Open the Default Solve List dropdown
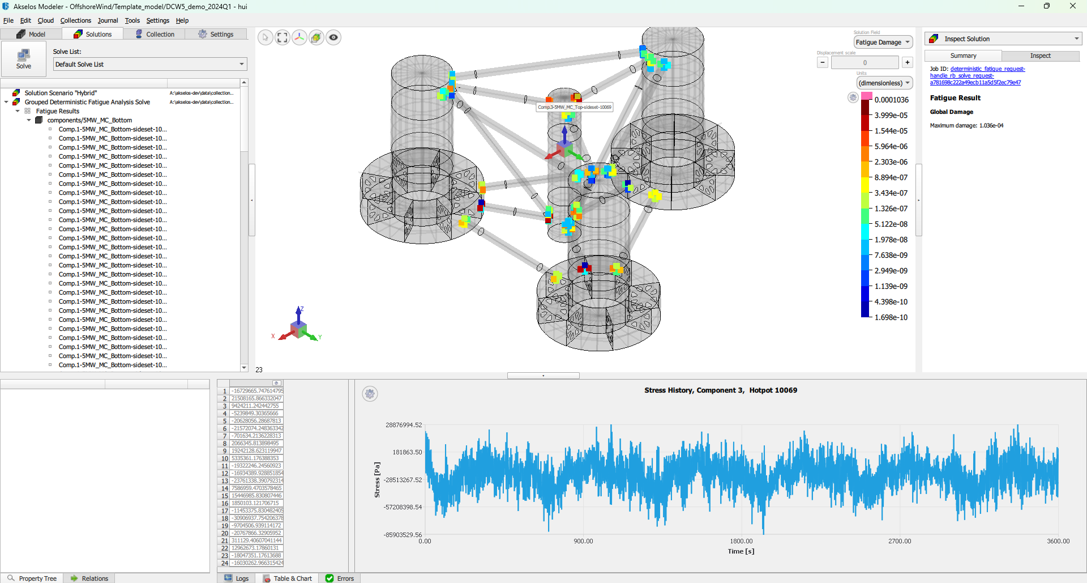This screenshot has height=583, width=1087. (150, 65)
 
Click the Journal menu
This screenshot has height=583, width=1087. (108, 20)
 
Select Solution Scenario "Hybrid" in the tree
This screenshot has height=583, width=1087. (61, 93)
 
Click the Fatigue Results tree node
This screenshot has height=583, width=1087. (57, 111)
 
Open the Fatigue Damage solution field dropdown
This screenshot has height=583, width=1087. (883, 42)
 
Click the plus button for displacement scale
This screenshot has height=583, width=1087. (907, 62)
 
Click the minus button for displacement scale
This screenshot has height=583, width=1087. (823, 62)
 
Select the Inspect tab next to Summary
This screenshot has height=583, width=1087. (1040, 56)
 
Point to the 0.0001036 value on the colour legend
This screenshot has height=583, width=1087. (891, 100)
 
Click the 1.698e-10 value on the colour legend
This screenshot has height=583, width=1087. (891, 317)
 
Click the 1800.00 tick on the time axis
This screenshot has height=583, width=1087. (741, 541)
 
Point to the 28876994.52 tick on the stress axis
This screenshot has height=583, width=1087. (404, 425)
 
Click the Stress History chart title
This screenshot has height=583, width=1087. (720, 390)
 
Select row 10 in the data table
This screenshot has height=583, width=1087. (225, 458)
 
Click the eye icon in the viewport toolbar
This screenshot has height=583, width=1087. (333, 38)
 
